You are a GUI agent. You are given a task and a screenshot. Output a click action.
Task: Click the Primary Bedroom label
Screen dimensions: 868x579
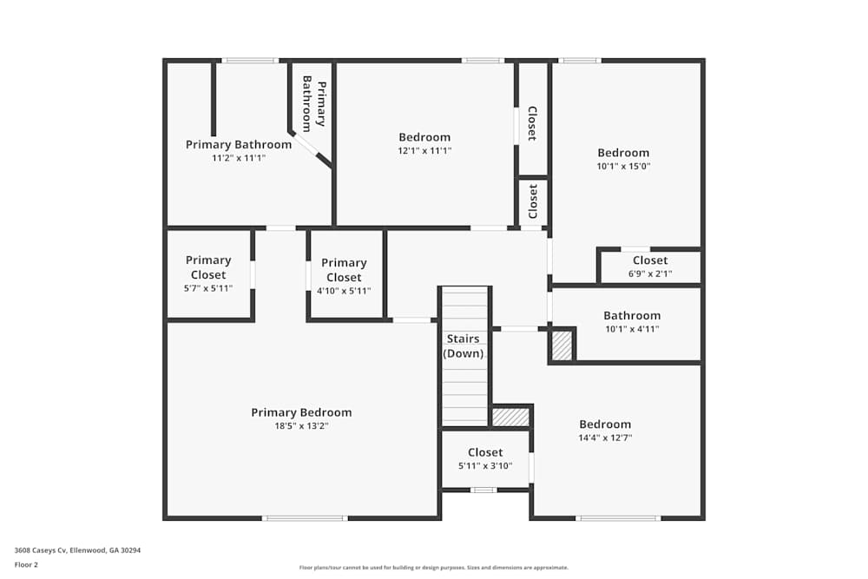301,412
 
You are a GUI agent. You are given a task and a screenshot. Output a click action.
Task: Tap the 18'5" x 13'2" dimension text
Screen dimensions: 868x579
301,425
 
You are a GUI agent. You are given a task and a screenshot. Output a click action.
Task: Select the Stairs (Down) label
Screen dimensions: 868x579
464,346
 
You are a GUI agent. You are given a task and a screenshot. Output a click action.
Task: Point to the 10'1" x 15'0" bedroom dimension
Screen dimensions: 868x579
623,166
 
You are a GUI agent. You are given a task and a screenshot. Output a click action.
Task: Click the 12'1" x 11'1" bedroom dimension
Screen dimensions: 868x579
424,150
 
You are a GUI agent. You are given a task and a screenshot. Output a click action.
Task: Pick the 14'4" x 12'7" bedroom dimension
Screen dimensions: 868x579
605,438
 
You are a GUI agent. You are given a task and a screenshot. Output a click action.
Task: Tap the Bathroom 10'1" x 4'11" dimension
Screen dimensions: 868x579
632,329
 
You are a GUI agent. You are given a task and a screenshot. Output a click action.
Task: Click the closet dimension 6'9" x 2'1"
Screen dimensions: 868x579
650,273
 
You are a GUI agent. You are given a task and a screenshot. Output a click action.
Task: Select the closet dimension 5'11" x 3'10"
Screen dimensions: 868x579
485,466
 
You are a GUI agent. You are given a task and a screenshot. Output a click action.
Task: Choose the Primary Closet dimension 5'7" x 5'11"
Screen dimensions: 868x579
208,288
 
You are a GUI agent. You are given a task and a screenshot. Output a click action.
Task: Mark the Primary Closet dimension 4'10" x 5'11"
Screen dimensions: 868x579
344,291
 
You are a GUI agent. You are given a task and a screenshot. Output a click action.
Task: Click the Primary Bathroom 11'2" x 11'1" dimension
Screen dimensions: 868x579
239,158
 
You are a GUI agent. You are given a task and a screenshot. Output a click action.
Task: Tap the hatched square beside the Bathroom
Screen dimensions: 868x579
562,346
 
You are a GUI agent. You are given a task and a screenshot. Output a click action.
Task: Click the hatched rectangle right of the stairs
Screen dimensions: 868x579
510,417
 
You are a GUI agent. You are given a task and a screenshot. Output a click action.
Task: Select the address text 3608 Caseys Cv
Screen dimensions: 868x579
41,550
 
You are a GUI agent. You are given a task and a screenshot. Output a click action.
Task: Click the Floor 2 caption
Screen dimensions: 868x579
26,564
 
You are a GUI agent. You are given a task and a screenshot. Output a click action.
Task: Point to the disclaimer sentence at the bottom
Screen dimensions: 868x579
433,568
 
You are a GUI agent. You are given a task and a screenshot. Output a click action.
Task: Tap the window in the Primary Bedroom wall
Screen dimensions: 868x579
305,518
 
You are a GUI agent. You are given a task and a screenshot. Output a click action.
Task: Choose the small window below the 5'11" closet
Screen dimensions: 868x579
483,490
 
